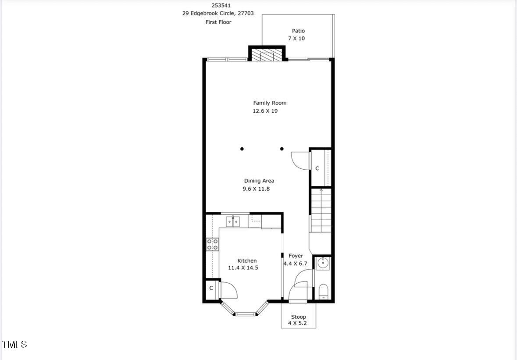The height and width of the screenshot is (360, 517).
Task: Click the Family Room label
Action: pos(270,103)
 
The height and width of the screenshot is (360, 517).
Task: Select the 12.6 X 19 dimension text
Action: pos(265,111)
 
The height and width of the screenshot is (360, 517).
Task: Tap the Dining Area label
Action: pos(259,181)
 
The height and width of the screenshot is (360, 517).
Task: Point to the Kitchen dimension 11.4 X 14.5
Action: pos(243,268)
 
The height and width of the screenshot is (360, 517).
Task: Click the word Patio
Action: pos(298,31)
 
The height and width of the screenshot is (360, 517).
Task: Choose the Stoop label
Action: pos(298,317)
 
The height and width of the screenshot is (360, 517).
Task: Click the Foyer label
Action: pos(296,256)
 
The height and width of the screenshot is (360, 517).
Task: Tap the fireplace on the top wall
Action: pos(267,55)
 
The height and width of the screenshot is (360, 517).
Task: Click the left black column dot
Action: pos(242,149)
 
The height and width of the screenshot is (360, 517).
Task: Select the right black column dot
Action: pos(282,149)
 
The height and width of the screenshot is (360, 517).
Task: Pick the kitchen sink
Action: pos(233,221)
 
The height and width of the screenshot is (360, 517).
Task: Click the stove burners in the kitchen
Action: pos(213,245)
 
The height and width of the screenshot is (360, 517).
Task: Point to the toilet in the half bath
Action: pos(323,291)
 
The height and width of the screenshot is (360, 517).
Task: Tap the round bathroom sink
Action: pos(323,264)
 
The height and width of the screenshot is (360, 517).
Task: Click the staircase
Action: pos(321,210)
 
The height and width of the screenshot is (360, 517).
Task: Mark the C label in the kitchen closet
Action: pos(211,289)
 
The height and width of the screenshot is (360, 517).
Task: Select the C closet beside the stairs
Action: pos(317,168)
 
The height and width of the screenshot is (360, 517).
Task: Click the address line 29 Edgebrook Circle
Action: pos(218,14)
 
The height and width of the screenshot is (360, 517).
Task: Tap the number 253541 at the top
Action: pos(221,6)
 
